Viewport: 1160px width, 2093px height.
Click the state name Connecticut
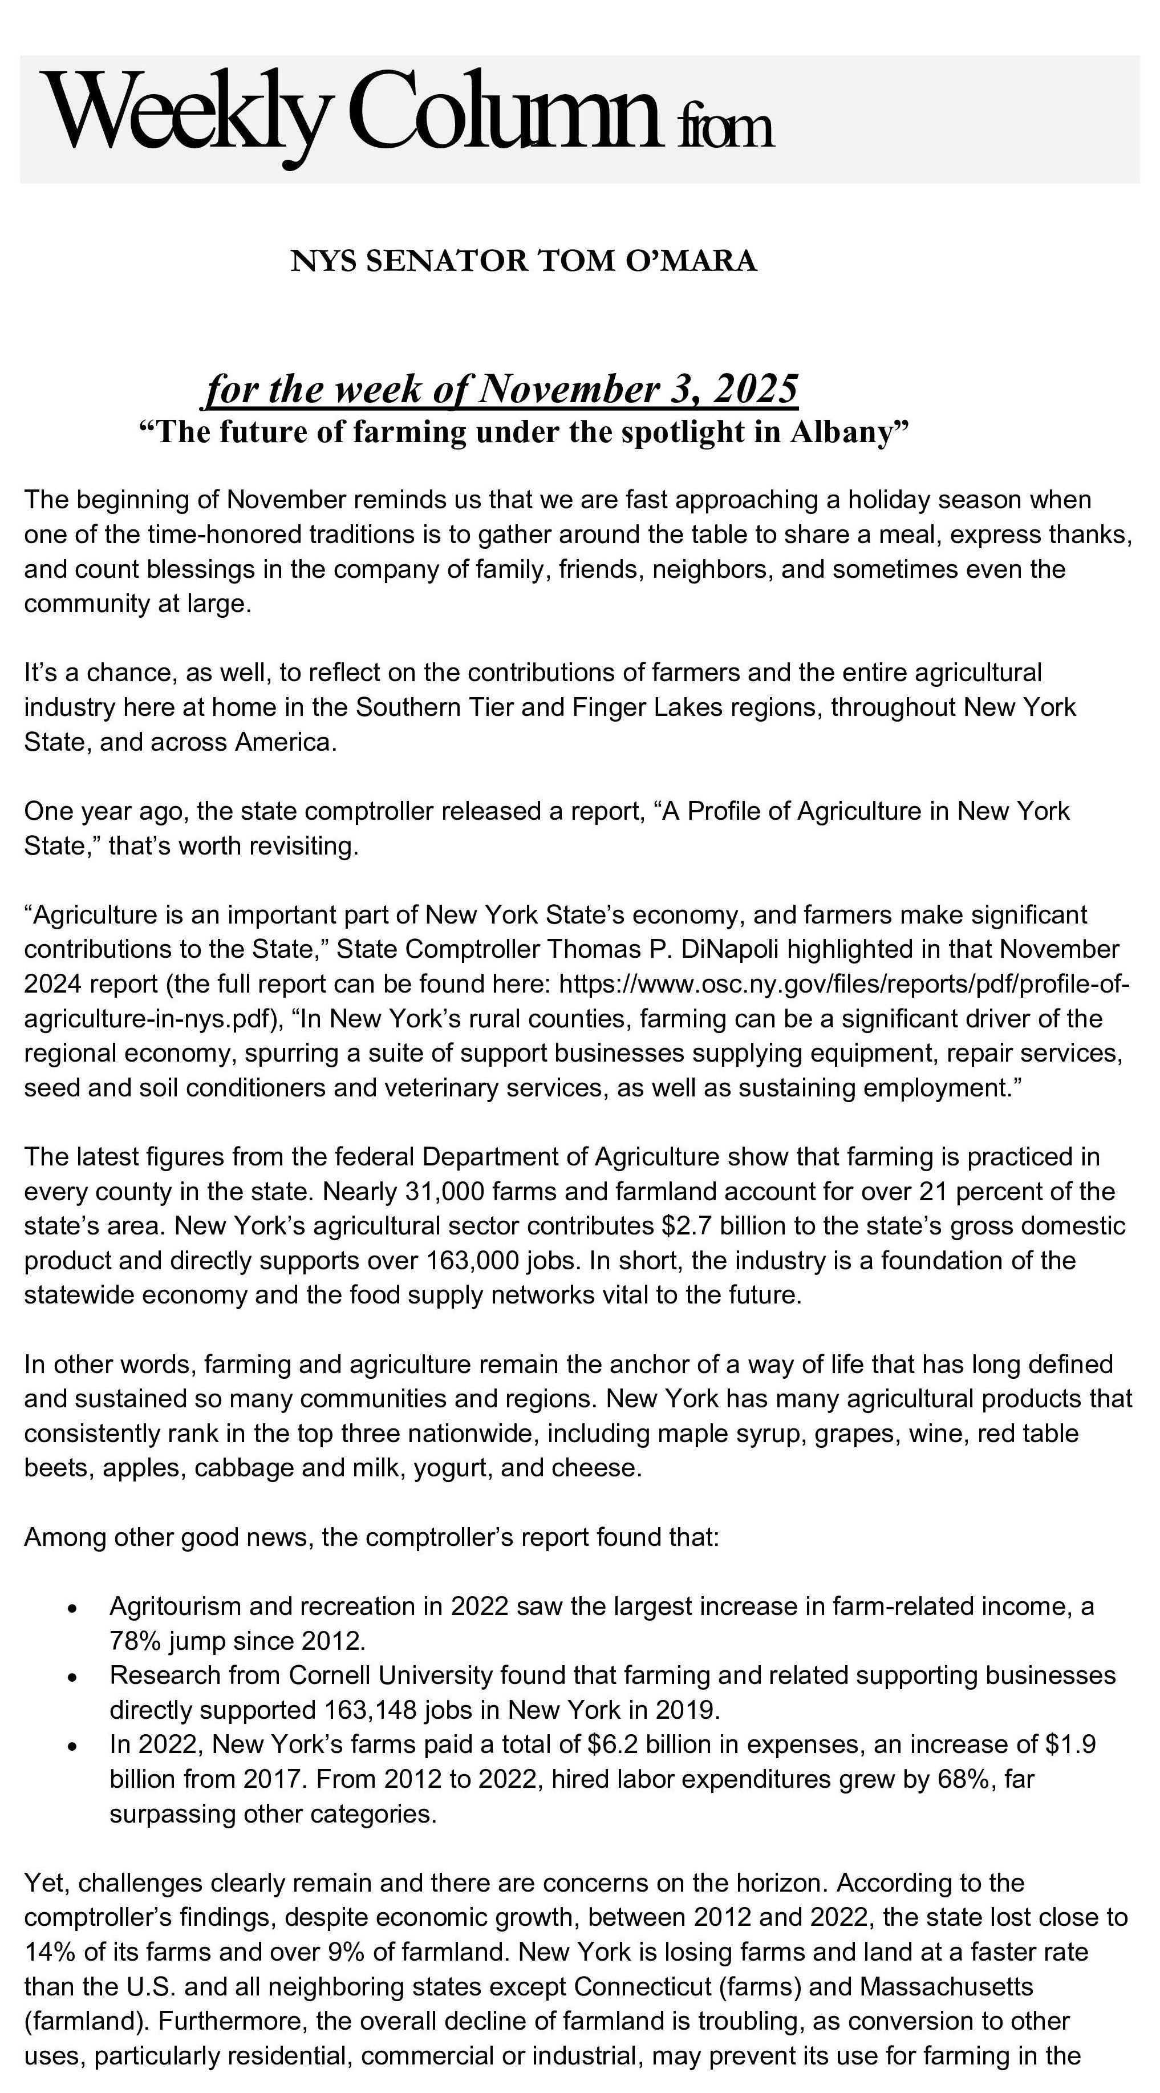pyautogui.click(x=642, y=1986)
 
